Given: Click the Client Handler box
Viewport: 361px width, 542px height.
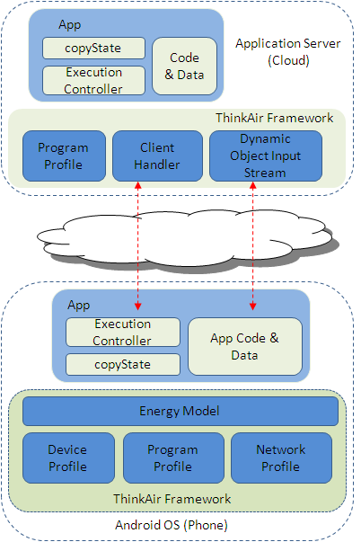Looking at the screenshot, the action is [x=157, y=155].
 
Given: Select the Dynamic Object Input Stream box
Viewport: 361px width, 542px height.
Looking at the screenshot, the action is [x=266, y=155].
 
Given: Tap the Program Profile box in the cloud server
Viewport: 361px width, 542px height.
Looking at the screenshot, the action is [x=64, y=155].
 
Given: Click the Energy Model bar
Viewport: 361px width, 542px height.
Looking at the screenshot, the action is [x=180, y=411].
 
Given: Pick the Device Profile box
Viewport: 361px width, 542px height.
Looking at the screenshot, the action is [x=68, y=458].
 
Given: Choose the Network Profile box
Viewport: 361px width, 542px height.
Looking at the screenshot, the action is [x=281, y=458].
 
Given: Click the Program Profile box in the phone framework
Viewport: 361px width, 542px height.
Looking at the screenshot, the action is [x=173, y=458].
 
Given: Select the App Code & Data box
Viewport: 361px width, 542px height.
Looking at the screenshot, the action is [x=245, y=346].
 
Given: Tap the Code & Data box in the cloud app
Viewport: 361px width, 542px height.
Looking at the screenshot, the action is [x=184, y=66].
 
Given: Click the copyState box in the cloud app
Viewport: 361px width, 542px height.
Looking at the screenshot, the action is [x=93, y=48].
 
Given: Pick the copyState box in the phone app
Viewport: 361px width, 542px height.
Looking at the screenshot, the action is [x=123, y=364].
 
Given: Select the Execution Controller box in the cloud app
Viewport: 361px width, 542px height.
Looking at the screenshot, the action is [x=93, y=81].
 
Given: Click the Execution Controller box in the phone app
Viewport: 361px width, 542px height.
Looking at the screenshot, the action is [x=123, y=333].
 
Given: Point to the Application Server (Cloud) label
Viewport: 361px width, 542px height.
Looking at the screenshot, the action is [x=288, y=52].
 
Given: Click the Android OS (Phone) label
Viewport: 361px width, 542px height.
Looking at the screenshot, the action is [x=172, y=525].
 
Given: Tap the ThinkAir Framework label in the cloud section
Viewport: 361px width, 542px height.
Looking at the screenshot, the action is [x=274, y=118].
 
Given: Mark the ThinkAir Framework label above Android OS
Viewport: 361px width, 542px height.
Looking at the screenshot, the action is [x=172, y=499].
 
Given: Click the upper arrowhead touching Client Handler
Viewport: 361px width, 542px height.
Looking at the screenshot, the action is [x=137, y=185].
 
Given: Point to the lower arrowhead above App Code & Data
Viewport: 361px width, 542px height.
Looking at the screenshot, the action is [x=253, y=307].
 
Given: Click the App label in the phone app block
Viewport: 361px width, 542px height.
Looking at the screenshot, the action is [x=79, y=306].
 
